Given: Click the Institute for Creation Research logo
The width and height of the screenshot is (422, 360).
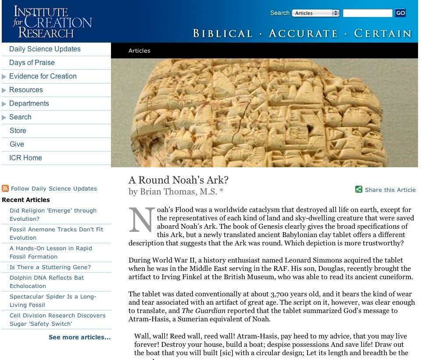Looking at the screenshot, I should coord(52,22).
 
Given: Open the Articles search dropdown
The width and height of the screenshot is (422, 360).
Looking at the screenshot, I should coord(316,13).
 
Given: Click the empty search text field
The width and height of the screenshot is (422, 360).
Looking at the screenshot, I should coord(367,13).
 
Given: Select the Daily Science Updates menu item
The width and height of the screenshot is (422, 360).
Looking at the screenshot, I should coord(45,49).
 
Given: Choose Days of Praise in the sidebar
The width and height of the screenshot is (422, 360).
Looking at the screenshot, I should coord(32,63).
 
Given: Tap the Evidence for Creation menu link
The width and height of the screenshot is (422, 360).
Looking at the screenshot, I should coord(43,76).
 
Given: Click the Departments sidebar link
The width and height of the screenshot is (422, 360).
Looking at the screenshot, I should coord(29,104).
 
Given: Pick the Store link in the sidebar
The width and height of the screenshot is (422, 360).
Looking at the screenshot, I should coord(18,131).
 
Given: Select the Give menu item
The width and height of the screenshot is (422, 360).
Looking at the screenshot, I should coord(17,144).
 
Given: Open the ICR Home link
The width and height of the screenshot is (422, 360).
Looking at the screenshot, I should coord(25,158).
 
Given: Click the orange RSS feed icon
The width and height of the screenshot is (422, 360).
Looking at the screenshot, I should coord(5,189).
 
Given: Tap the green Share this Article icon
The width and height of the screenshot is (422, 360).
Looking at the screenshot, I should coord(359,190).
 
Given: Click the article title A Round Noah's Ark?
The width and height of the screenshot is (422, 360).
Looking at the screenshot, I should coord(179,180).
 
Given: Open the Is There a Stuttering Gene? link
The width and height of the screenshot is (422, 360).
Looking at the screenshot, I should coord(50,267).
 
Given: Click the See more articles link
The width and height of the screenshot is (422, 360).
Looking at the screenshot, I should coord(79,338).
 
